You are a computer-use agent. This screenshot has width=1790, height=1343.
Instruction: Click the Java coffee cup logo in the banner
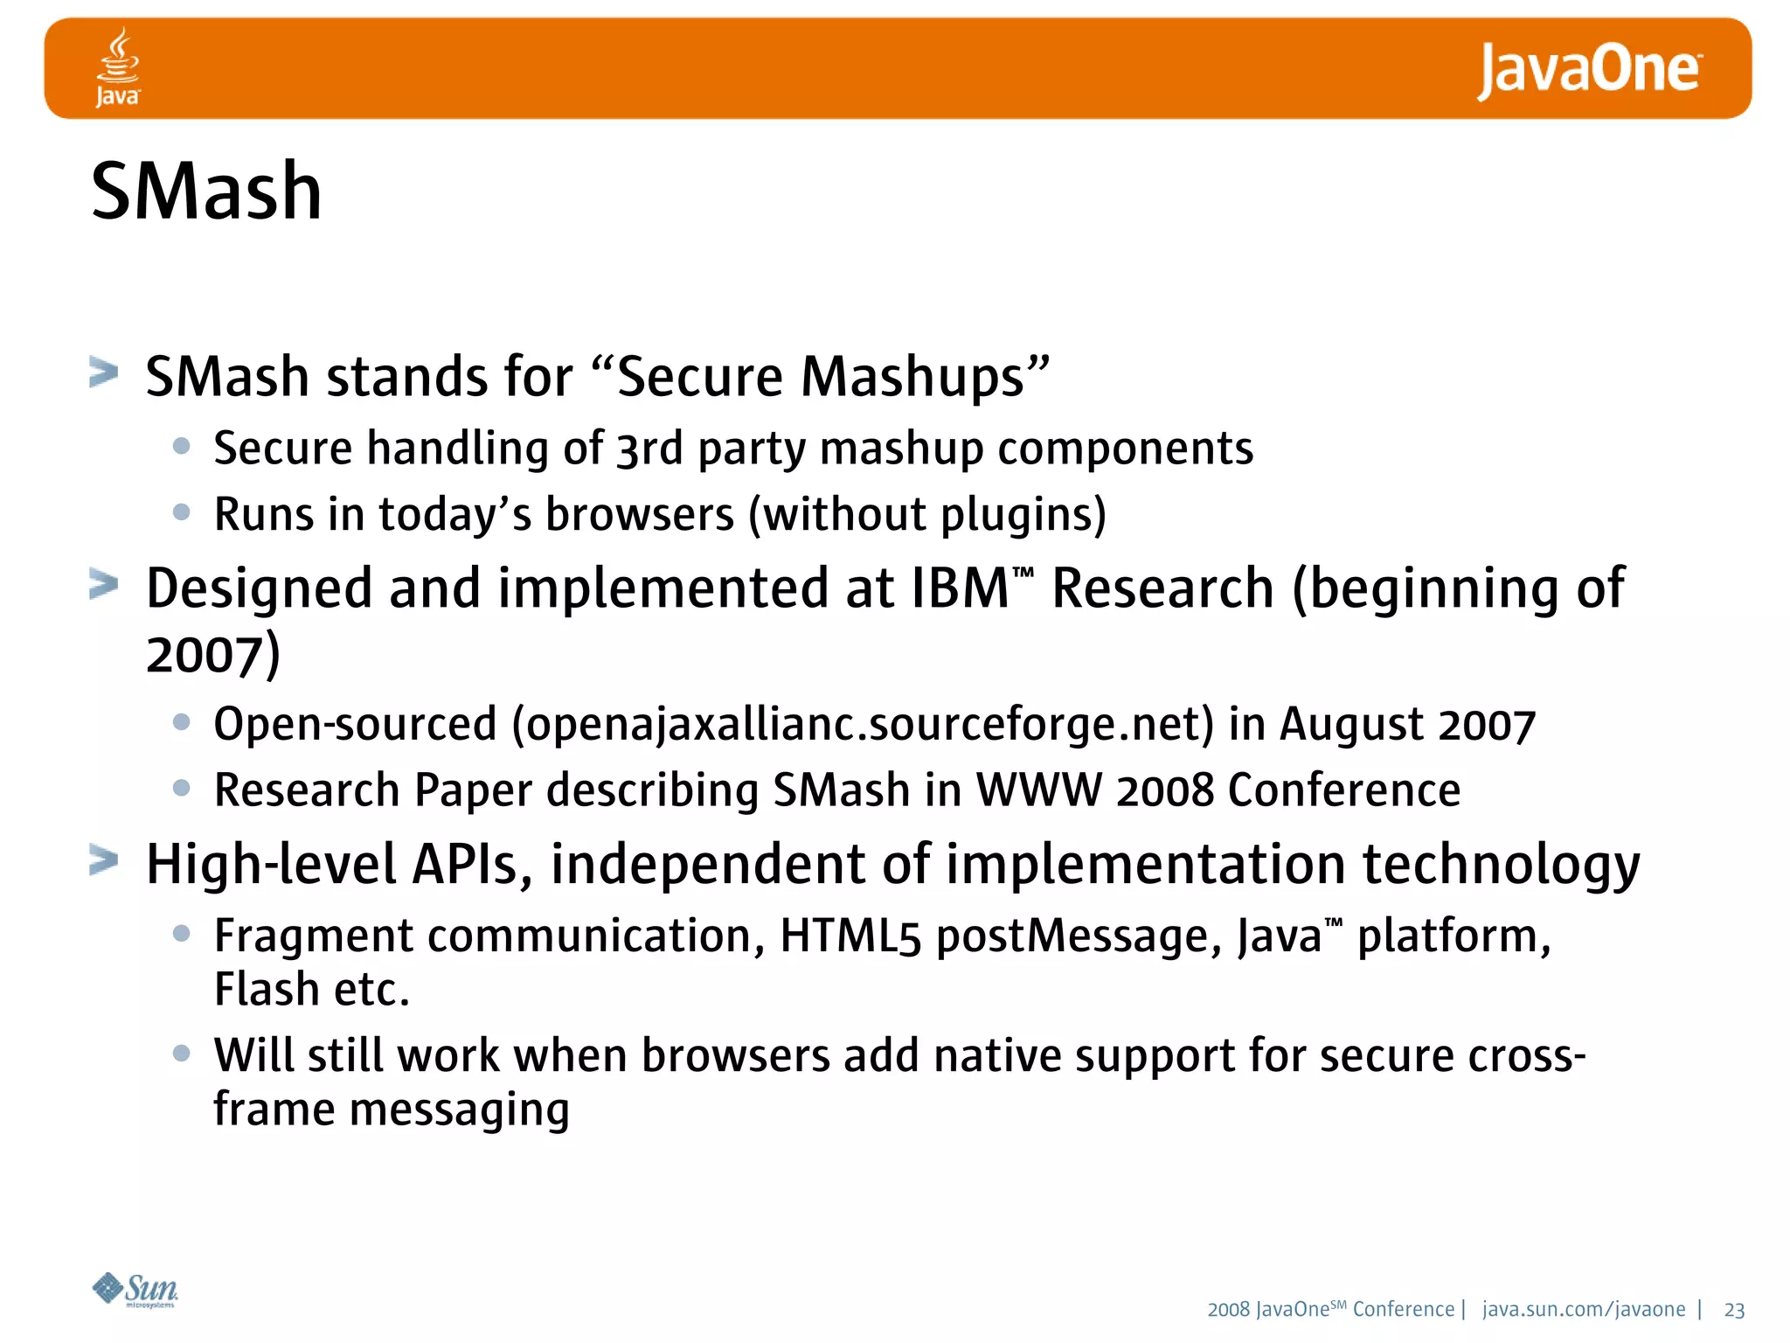click(x=117, y=66)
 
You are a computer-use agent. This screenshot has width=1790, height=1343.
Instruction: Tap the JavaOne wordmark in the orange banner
click(x=1588, y=70)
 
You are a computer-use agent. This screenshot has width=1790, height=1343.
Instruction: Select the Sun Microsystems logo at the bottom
click(x=135, y=1290)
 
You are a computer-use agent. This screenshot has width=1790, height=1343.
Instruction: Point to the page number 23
click(x=1734, y=1310)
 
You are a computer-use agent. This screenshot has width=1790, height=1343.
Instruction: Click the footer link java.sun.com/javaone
click(x=1584, y=1309)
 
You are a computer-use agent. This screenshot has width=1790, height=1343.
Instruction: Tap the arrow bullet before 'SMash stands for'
click(x=104, y=373)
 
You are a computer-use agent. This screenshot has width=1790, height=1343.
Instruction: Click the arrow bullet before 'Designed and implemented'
click(x=104, y=584)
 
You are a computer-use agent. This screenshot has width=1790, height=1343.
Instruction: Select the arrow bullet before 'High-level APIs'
click(x=104, y=860)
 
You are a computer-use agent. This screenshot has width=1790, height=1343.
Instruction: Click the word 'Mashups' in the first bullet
click(x=912, y=377)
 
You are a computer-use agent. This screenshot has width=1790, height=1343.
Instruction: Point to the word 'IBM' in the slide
click(x=960, y=588)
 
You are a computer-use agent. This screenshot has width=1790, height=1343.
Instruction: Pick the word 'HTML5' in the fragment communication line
click(x=850, y=936)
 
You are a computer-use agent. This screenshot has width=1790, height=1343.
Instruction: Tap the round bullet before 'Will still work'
click(x=182, y=1054)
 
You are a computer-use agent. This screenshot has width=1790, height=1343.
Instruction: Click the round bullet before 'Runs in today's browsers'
click(x=182, y=512)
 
